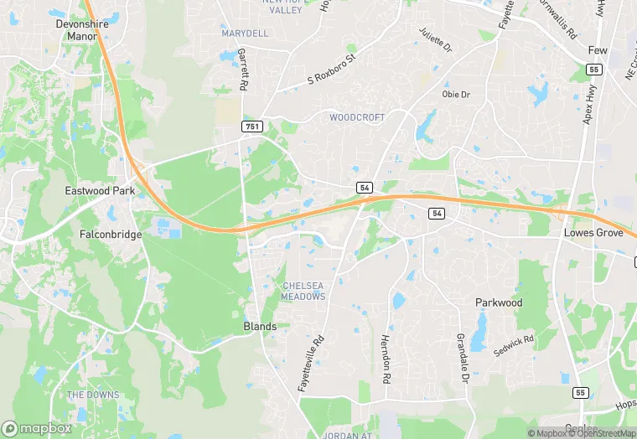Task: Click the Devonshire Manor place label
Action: (83, 30)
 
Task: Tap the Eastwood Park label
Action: (100, 191)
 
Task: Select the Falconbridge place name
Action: (111, 235)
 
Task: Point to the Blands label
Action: (260, 326)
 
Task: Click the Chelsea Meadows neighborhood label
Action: (303, 291)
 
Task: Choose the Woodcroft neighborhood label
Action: (357, 117)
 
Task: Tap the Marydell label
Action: (245, 34)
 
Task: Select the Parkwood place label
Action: (499, 302)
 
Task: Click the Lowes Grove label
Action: (593, 233)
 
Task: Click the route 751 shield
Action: (252, 127)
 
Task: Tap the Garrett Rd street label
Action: (243, 69)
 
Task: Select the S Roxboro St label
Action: (332, 70)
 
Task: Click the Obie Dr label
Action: (456, 95)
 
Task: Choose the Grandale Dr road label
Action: (463, 358)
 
